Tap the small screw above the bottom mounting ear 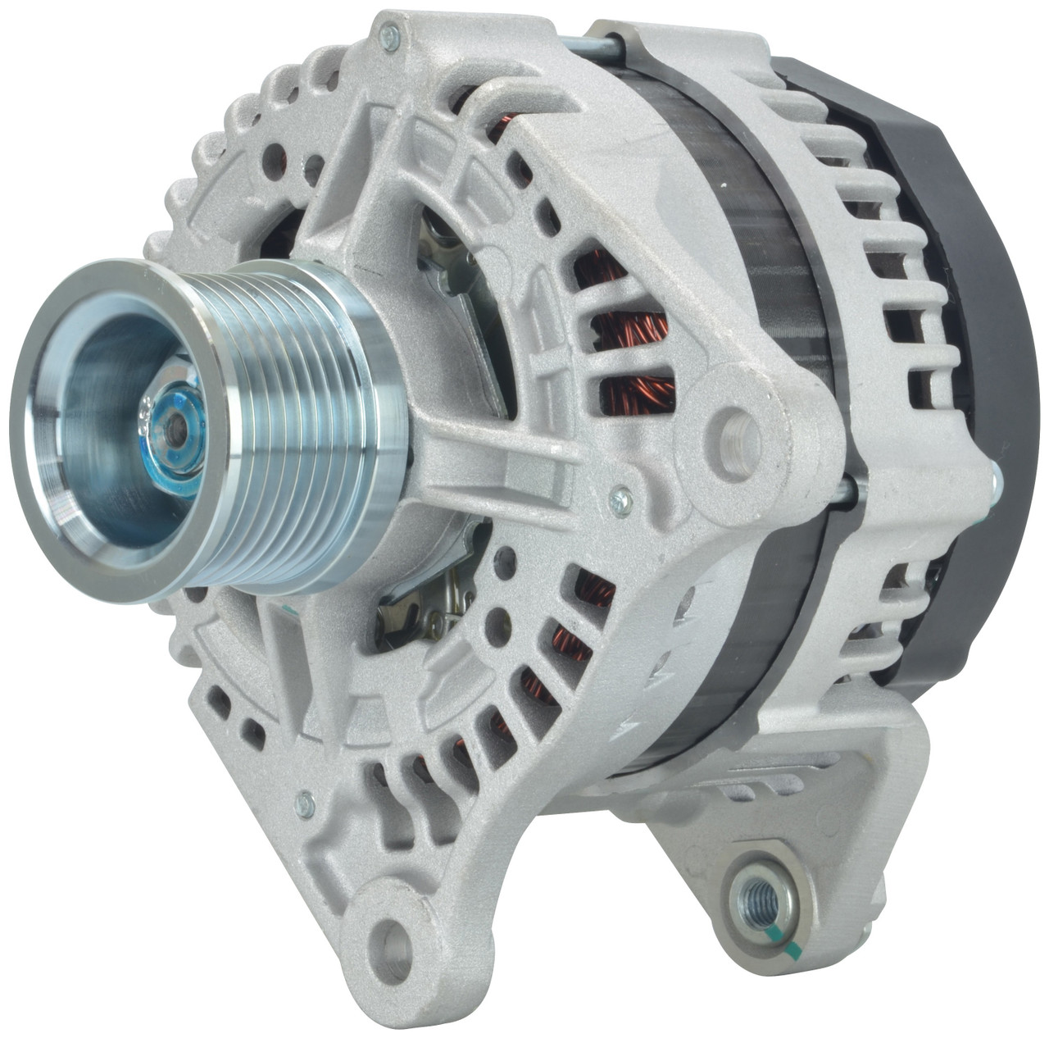tap(305, 805)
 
